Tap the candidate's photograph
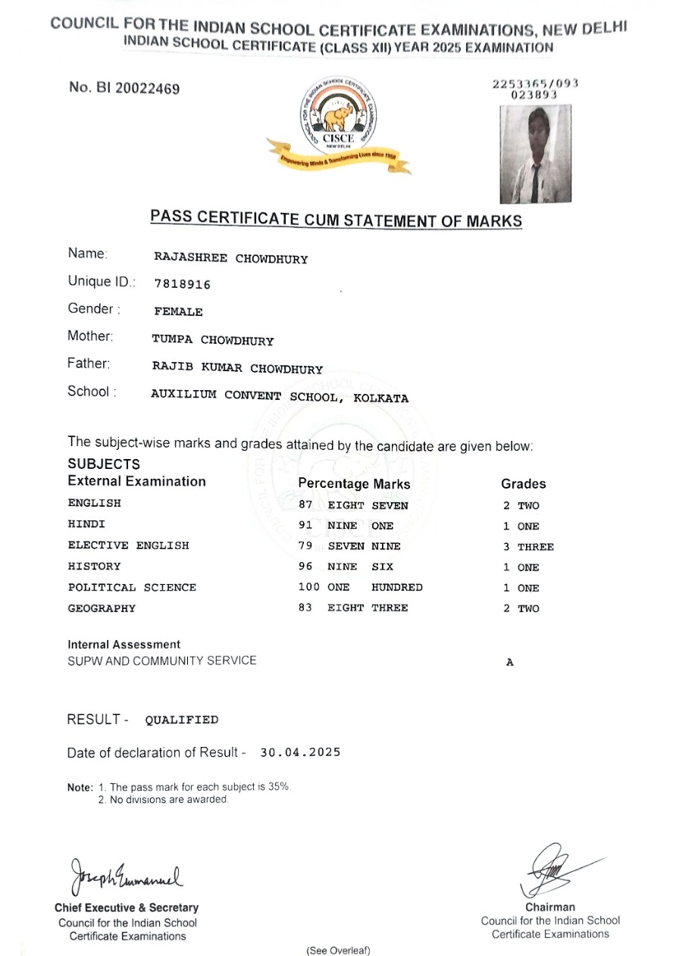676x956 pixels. click(535, 154)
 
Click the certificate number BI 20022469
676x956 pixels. click(124, 89)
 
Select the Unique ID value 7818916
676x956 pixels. click(182, 284)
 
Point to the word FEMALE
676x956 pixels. click(178, 311)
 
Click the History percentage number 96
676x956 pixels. click(306, 566)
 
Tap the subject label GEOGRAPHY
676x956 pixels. click(102, 608)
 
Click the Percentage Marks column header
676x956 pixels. click(354, 483)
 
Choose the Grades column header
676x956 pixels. click(523, 483)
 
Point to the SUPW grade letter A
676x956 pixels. click(510, 662)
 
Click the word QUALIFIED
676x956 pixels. click(182, 720)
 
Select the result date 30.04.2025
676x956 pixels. click(300, 752)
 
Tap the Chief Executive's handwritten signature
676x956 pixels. click(127, 877)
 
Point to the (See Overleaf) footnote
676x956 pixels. click(338, 950)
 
